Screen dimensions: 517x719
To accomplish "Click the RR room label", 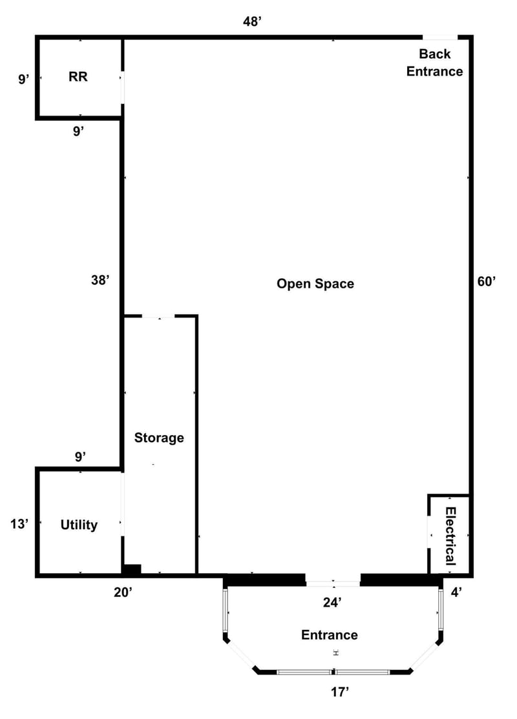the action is (x=78, y=77).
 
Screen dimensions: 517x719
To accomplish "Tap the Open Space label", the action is (x=315, y=284).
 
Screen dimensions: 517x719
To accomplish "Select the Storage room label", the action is (x=159, y=438).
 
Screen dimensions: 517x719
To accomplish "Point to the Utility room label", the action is (x=79, y=525).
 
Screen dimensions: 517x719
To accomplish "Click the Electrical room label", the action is (x=450, y=536).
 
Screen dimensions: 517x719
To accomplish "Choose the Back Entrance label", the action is (x=434, y=63).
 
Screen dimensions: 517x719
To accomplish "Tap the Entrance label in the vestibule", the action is (x=329, y=634).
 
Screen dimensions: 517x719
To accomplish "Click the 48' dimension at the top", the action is (x=252, y=21).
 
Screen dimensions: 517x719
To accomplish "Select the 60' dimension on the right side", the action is (x=487, y=281).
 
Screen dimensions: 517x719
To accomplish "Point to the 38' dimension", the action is (x=100, y=279).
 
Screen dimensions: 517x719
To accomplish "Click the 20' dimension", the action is (x=123, y=592).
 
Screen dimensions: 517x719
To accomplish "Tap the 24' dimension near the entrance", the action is (x=332, y=603).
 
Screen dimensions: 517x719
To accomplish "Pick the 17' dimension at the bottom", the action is (x=340, y=692).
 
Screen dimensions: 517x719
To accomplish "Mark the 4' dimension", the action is (x=456, y=593).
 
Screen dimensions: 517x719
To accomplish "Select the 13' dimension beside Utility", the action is (x=19, y=523).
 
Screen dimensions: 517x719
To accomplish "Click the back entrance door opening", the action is (x=440, y=37).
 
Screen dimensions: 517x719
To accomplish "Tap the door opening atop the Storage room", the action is (x=159, y=316).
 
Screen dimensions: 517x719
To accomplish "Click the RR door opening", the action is (x=123, y=87).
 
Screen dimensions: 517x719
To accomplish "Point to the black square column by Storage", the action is (x=131, y=569).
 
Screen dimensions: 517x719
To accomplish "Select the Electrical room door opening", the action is (x=429, y=532).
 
